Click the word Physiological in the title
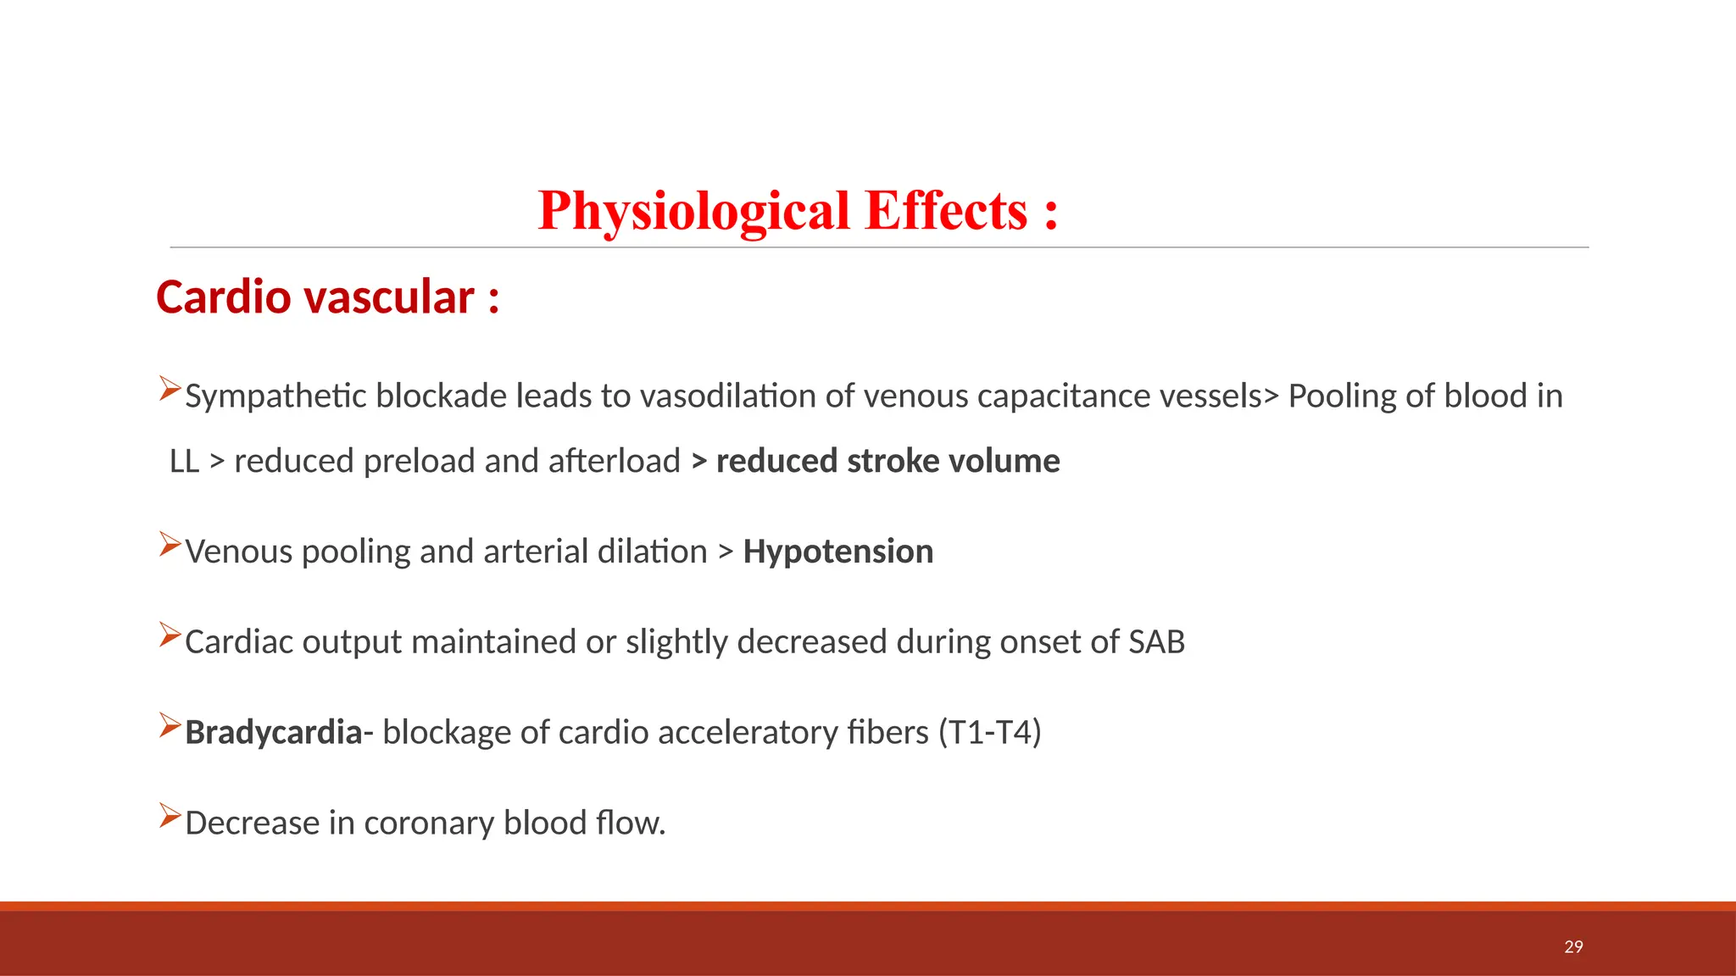pos(693,212)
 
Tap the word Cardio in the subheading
pos(224,297)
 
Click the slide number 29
pos(1573,946)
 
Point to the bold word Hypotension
pos(837,552)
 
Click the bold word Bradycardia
pos(274,732)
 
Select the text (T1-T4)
pos(989,732)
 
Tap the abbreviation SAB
pos(1156,642)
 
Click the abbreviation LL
pos(184,462)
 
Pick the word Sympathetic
pos(275,396)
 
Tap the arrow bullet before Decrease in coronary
pos(170,816)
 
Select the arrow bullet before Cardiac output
pos(170,635)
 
